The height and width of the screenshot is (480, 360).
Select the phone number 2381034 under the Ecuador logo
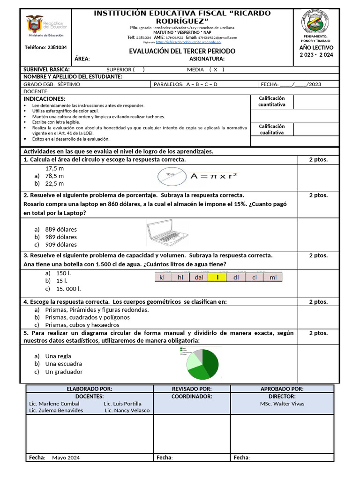pos(45,47)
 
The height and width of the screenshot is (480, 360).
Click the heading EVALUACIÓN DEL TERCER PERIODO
pos(182,51)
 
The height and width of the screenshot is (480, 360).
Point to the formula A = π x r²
pos(213,176)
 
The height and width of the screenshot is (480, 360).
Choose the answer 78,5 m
pos(54,176)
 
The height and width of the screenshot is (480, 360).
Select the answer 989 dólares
pos(61,237)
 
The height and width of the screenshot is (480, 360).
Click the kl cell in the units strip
pos(163,277)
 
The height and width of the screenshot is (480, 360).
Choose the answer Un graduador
pos(64,372)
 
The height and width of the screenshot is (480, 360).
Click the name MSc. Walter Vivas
pos(282,404)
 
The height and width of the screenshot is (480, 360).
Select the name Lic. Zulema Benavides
pos(56,410)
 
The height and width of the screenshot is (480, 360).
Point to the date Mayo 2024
pos(66,457)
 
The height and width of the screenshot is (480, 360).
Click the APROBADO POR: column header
pos(282,389)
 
